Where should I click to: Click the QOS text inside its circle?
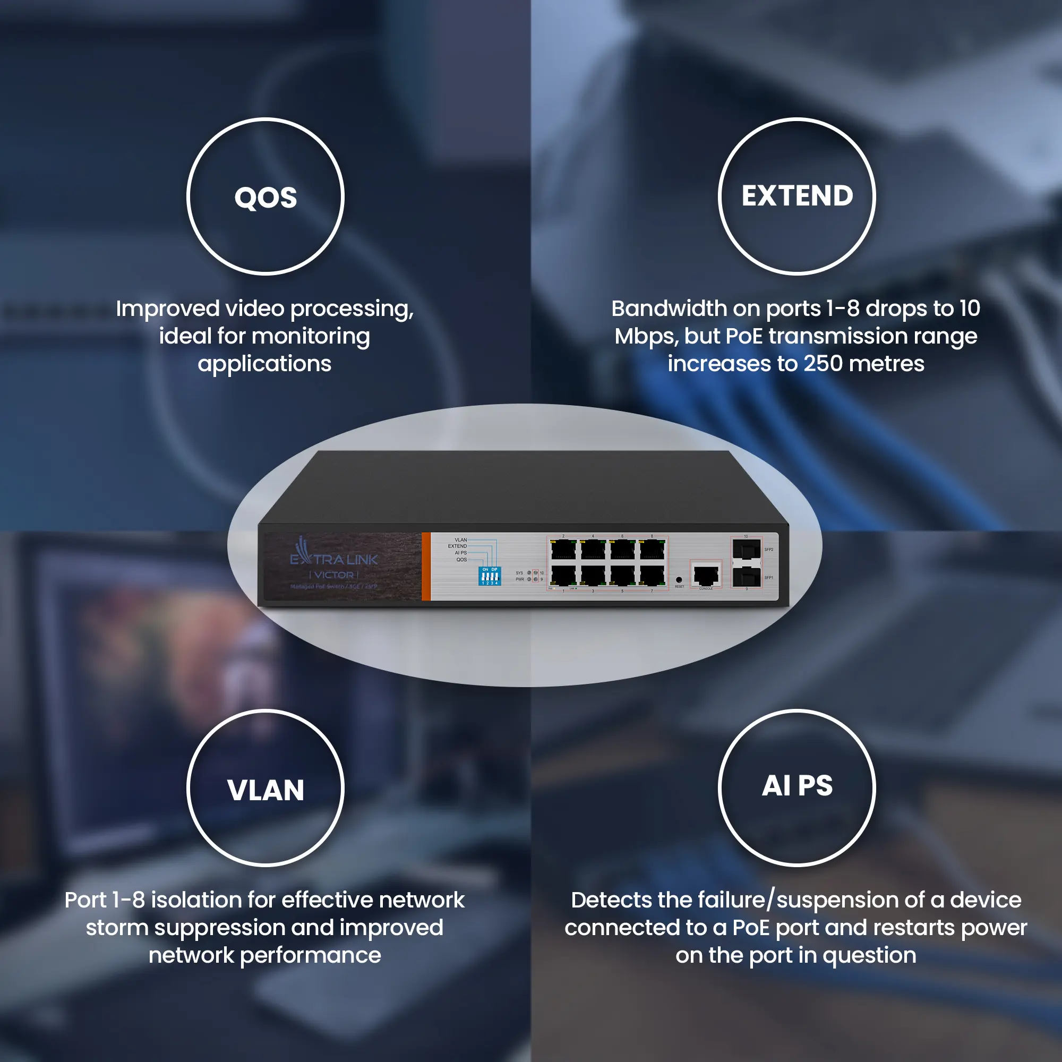(265, 198)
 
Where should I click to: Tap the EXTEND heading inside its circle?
(797, 196)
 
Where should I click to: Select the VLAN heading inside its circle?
(265, 791)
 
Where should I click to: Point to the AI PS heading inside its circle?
(797, 786)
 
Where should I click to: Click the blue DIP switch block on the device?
(489, 577)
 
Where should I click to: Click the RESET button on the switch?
(679, 580)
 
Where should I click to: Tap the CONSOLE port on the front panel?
(706, 575)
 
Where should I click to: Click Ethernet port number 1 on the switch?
(563, 576)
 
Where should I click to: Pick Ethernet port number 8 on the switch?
(652, 549)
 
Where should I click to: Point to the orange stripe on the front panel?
(426, 566)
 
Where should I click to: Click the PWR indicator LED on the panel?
(529, 579)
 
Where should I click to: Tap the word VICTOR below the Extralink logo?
(333, 575)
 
